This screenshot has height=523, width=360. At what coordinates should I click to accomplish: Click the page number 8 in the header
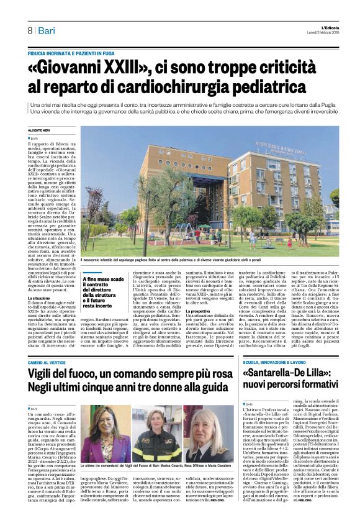pyautogui.click(x=29, y=30)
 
